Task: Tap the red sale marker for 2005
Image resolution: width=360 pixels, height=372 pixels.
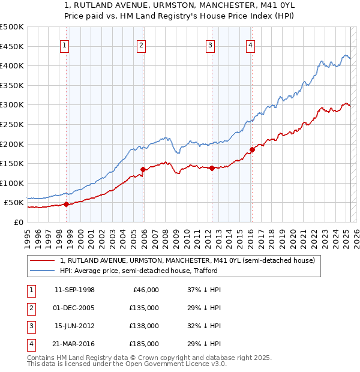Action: [x=143, y=170]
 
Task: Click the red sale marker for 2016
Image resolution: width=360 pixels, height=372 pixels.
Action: [x=252, y=150]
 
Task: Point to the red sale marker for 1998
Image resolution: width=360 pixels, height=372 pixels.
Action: [x=66, y=205]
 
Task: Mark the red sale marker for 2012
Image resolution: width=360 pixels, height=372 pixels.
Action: [x=212, y=169]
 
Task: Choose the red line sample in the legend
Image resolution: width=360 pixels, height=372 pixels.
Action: [x=43, y=260]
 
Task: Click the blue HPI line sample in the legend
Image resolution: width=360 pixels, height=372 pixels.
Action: [x=43, y=271]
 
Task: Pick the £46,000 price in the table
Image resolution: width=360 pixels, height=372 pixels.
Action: [x=146, y=290]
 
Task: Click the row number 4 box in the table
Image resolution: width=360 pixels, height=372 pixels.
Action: [x=30, y=344]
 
